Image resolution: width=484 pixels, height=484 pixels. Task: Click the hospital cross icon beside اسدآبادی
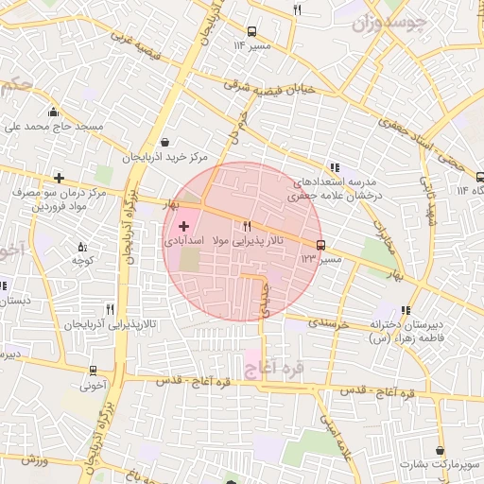coord(183,226)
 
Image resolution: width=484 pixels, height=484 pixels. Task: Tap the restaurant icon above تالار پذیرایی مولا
coord(247,226)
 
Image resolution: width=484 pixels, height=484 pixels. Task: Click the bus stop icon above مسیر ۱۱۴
coord(251,31)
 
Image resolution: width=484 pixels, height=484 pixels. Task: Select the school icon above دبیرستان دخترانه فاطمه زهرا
coord(406,309)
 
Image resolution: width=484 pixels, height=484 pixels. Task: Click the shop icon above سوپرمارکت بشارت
coord(440,451)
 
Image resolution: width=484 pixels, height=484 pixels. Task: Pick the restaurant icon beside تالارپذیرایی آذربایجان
coord(111,309)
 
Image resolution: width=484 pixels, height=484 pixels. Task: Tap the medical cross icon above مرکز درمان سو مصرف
coord(59,178)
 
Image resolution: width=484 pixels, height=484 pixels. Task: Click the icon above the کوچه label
coord(81,246)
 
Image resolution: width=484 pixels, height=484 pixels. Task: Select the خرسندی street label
coord(330,321)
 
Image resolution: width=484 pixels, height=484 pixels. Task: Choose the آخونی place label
coord(94,385)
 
